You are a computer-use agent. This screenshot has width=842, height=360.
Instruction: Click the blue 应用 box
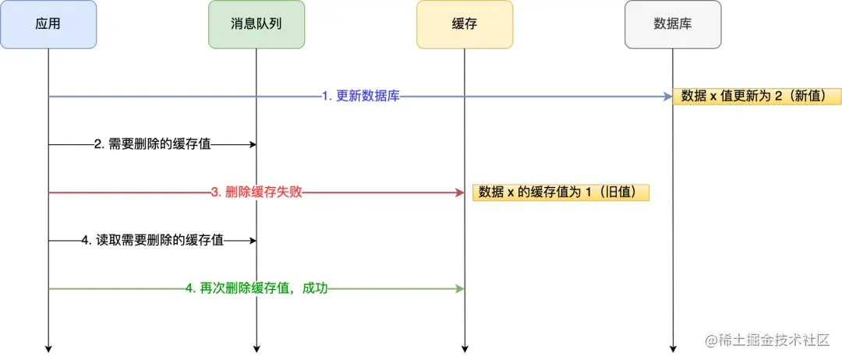[48, 24]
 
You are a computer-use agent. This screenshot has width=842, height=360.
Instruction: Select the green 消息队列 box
[256, 24]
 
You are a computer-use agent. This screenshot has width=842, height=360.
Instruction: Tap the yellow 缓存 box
[465, 24]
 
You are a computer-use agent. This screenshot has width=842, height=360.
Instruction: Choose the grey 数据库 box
[672, 24]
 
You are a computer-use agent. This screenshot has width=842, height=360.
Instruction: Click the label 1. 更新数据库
[361, 97]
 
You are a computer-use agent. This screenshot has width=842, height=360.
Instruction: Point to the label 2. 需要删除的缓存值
[152, 144]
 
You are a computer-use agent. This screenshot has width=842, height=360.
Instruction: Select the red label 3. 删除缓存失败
[256, 192]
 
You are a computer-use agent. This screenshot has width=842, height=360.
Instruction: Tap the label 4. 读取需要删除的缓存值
[152, 241]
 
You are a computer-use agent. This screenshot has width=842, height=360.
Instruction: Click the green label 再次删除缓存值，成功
[256, 288]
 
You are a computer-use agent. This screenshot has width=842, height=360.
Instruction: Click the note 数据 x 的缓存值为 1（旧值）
[561, 192]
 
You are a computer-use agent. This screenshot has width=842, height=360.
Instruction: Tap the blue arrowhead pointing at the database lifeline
[667, 97]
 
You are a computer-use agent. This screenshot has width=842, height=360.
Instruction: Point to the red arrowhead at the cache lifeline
[460, 192]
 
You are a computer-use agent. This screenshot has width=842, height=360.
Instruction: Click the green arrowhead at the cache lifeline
[460, 288]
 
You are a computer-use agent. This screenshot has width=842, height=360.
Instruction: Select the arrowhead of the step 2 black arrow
[252, 144]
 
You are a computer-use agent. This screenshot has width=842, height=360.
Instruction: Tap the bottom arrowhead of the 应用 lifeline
[48, 348]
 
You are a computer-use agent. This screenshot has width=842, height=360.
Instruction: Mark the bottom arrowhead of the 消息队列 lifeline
[256, 348]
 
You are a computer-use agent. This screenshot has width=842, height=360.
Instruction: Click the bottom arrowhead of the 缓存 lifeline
[465, 348]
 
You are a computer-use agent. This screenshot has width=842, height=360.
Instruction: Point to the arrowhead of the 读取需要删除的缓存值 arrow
[252, 241]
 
